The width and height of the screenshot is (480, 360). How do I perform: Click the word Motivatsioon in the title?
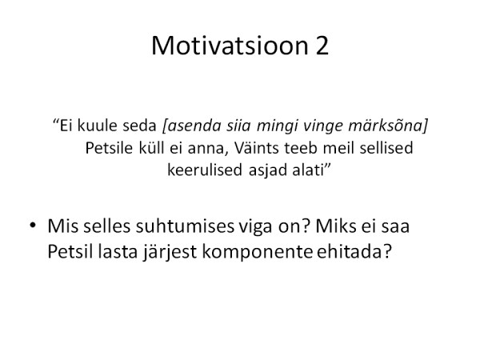coord(230,46)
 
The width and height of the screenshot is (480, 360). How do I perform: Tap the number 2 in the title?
coord(322,46)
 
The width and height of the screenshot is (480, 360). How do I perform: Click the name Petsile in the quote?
coord(109,148)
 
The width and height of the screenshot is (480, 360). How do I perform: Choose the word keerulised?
coord(205,170)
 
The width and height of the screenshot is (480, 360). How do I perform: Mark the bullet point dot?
coord(33,226)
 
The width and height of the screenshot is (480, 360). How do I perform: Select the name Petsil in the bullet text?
coord(70,252)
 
